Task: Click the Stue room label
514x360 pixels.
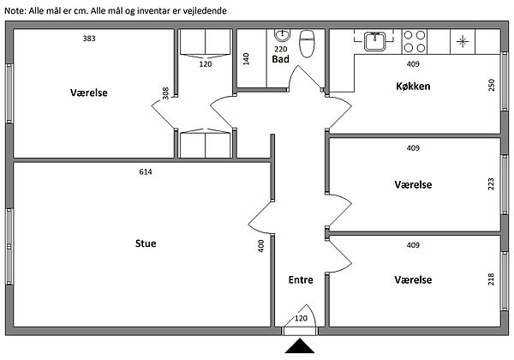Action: click(146, 243)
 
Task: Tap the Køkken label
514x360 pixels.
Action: click(412, 87)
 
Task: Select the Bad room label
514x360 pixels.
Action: click(280, 60)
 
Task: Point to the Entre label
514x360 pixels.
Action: click(301, 279)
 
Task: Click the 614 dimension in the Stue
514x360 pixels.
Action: click(146, 172)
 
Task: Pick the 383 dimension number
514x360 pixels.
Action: click(89, 39)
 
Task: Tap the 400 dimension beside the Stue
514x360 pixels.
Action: click(260, 245)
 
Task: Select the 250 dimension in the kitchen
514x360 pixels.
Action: click(491, 87)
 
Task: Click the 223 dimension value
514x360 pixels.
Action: click(491, 184)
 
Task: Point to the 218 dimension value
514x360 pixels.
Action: click(491, 281)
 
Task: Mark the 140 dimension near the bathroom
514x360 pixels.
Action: click(245, 59)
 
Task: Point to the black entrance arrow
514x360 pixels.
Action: click(300, 347)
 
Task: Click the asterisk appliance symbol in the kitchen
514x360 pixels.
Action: click(463, 40)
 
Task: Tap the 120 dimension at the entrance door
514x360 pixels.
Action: click(301, 319)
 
